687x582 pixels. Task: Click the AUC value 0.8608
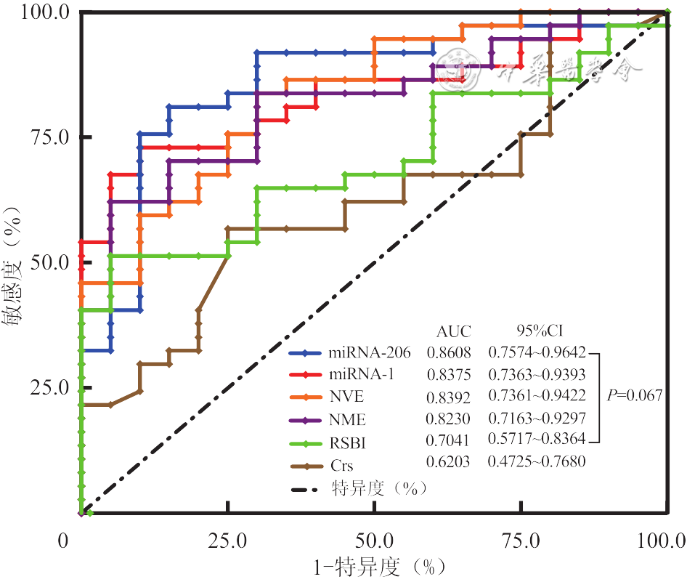tap(448, 354)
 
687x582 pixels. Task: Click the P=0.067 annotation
tap(634, 396)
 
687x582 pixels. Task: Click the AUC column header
tap(453, 332)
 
